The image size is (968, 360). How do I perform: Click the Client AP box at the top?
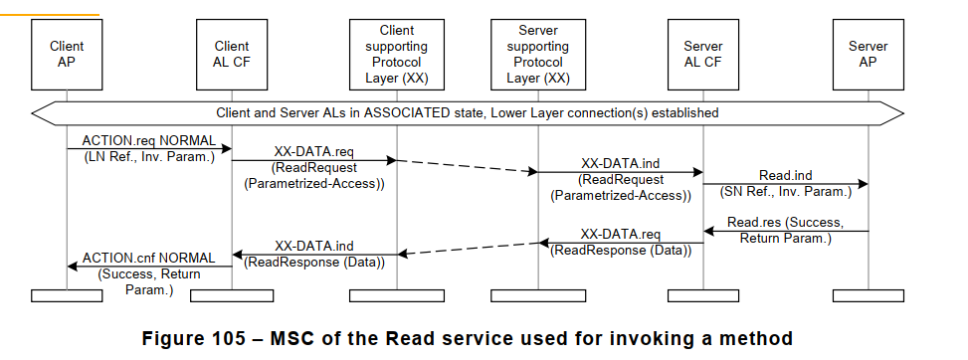[67, 54]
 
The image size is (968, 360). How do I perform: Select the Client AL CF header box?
[232, 54]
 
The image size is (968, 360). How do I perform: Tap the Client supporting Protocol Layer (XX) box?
[397, 55]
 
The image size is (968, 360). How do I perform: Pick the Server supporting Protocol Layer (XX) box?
[538, 55]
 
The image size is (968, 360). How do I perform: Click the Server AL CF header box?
[703, 54]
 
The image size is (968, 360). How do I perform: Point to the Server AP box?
[868, 54]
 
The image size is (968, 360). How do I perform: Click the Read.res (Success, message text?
[785, 223]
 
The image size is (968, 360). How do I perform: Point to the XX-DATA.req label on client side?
[313, 151]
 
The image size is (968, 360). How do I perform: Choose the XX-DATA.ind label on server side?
[621, 163]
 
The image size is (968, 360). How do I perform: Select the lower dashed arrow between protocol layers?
[468, 248]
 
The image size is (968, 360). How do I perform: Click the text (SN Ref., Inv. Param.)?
[786, 191]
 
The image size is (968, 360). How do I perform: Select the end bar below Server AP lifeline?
[868, 294]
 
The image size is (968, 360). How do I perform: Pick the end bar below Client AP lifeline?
[67, 294]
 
